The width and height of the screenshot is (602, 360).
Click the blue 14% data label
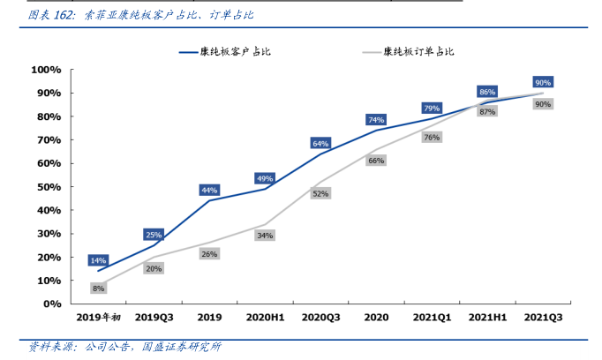pos(98,260)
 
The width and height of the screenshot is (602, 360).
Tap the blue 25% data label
pos(154,235)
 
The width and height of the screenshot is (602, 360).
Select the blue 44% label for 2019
pos(209,190)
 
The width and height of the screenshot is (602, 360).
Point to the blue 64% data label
pos(320,143)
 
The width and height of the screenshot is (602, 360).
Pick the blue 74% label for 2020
pos(376,120)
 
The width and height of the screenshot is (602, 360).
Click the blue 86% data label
pos(487,92)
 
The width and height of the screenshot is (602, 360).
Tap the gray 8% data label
pos(98,288)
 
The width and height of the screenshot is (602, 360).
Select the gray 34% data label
pos(265,236)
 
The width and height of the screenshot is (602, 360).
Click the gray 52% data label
pos(320,193)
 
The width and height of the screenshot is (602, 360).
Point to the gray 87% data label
pos(487,112)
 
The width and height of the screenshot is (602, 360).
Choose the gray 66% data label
pos(376,161)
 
